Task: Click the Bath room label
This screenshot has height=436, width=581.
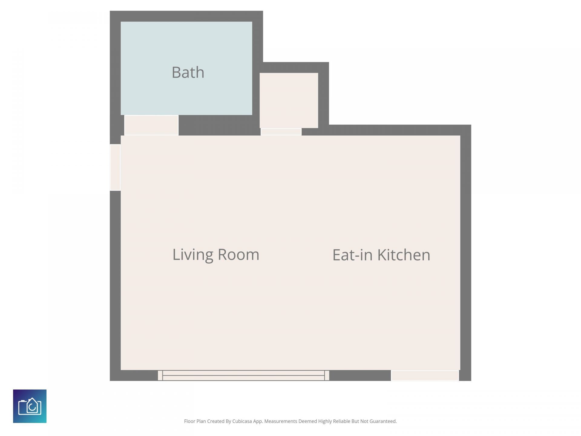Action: click(188, 72)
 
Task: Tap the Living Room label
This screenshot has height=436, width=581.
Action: click(216, 255)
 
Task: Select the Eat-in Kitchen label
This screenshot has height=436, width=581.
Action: click(381, 255)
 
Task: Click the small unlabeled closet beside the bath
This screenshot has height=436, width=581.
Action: click(289, 100)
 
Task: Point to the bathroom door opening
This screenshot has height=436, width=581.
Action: click(151, 125)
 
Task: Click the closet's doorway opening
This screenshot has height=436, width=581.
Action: click(281, 132)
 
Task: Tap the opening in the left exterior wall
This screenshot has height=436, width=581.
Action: click(115, 167)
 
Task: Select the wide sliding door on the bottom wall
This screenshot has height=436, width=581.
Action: click(244, 375)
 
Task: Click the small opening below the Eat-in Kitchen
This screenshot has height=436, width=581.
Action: click(425, 375)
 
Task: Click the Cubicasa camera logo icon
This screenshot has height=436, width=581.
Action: click(30, 406)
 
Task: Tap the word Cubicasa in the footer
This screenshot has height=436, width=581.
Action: click(242, 421)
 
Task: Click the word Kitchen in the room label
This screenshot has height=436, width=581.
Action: click(404, 255)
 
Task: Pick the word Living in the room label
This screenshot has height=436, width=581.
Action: click(193, 255)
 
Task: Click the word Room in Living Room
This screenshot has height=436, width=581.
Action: click(238, 255)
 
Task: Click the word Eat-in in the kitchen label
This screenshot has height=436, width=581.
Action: click(353, 255)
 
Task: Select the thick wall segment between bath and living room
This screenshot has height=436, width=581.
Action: click(219, 125)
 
